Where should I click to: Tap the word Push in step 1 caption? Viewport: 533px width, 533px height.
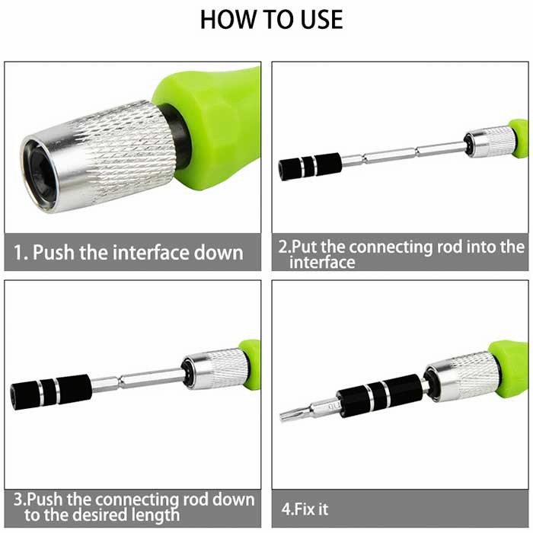coord(53,253)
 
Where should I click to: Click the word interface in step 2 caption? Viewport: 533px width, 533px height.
coord(322,263)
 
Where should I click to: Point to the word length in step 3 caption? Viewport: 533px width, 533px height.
coord(155,515)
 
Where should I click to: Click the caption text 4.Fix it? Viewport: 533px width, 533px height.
coord(305,509)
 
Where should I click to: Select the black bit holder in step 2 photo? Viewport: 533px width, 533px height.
coord(310,167)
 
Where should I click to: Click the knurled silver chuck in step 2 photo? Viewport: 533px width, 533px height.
coord(490,141)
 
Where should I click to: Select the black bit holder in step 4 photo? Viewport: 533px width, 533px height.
coord(380,396)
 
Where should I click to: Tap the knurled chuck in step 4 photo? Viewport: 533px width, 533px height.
coord(462,377)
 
